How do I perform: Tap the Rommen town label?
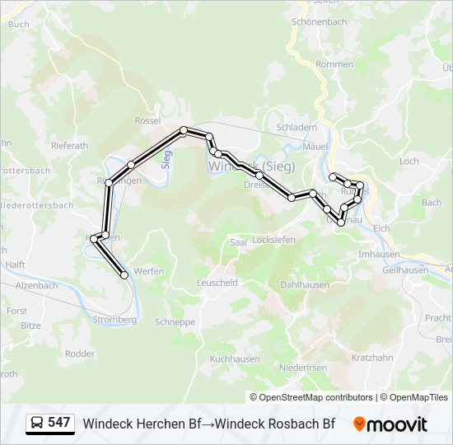334,64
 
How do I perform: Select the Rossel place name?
147,120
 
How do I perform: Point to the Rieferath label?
69,146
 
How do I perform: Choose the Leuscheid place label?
217,282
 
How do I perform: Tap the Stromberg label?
114,320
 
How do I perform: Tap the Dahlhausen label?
305,284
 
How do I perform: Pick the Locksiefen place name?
273,240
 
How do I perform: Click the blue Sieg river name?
166,159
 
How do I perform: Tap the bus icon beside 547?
37,424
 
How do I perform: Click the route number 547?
59,424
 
